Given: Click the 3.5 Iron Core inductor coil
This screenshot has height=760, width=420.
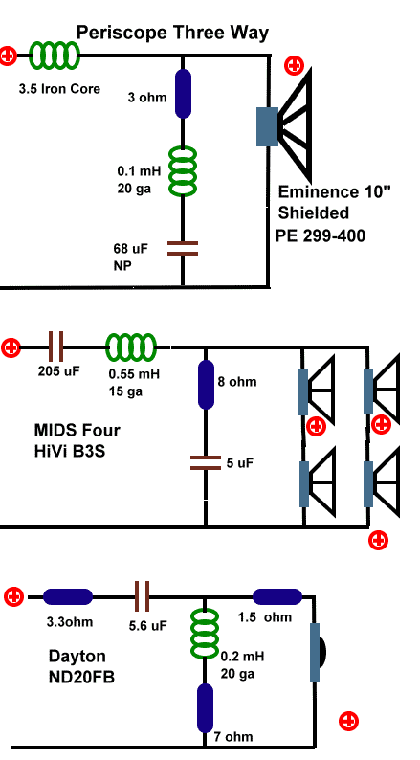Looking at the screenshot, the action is pos(54,56).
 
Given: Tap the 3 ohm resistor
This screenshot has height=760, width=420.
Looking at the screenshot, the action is pos(183,94).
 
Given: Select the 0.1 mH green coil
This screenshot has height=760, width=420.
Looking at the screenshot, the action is pos(183,171).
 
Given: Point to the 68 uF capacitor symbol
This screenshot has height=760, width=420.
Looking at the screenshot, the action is pos(183,248).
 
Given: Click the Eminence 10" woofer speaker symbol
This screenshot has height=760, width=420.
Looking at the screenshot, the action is pos(284,126).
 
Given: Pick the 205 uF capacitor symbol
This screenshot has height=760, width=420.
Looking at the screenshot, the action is pos(55,347).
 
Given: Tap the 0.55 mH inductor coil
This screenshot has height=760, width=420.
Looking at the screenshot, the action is pos(131,347).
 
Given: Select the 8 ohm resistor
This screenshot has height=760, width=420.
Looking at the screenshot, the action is pos(206,385).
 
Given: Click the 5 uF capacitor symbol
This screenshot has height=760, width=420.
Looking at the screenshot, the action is pos(206,463).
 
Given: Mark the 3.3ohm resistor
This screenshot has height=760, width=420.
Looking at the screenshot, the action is pos(68,596).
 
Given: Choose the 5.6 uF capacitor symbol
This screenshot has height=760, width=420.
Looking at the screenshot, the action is pos(142,596).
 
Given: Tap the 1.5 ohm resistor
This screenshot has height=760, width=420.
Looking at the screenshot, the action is pos(277,596).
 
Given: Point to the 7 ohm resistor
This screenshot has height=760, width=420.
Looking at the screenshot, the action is pos(205,708).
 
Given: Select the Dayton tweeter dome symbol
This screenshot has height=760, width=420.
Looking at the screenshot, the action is pos(318,652).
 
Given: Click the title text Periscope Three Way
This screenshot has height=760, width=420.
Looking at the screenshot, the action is pos(172,33).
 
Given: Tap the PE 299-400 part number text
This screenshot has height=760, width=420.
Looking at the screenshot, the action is pos(321,235).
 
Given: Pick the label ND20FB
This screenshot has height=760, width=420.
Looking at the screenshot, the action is pos(81,677).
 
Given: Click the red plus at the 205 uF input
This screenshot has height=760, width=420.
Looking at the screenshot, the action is pos(11,348).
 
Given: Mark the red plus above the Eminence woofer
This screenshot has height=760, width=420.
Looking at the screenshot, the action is pos(294,65).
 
